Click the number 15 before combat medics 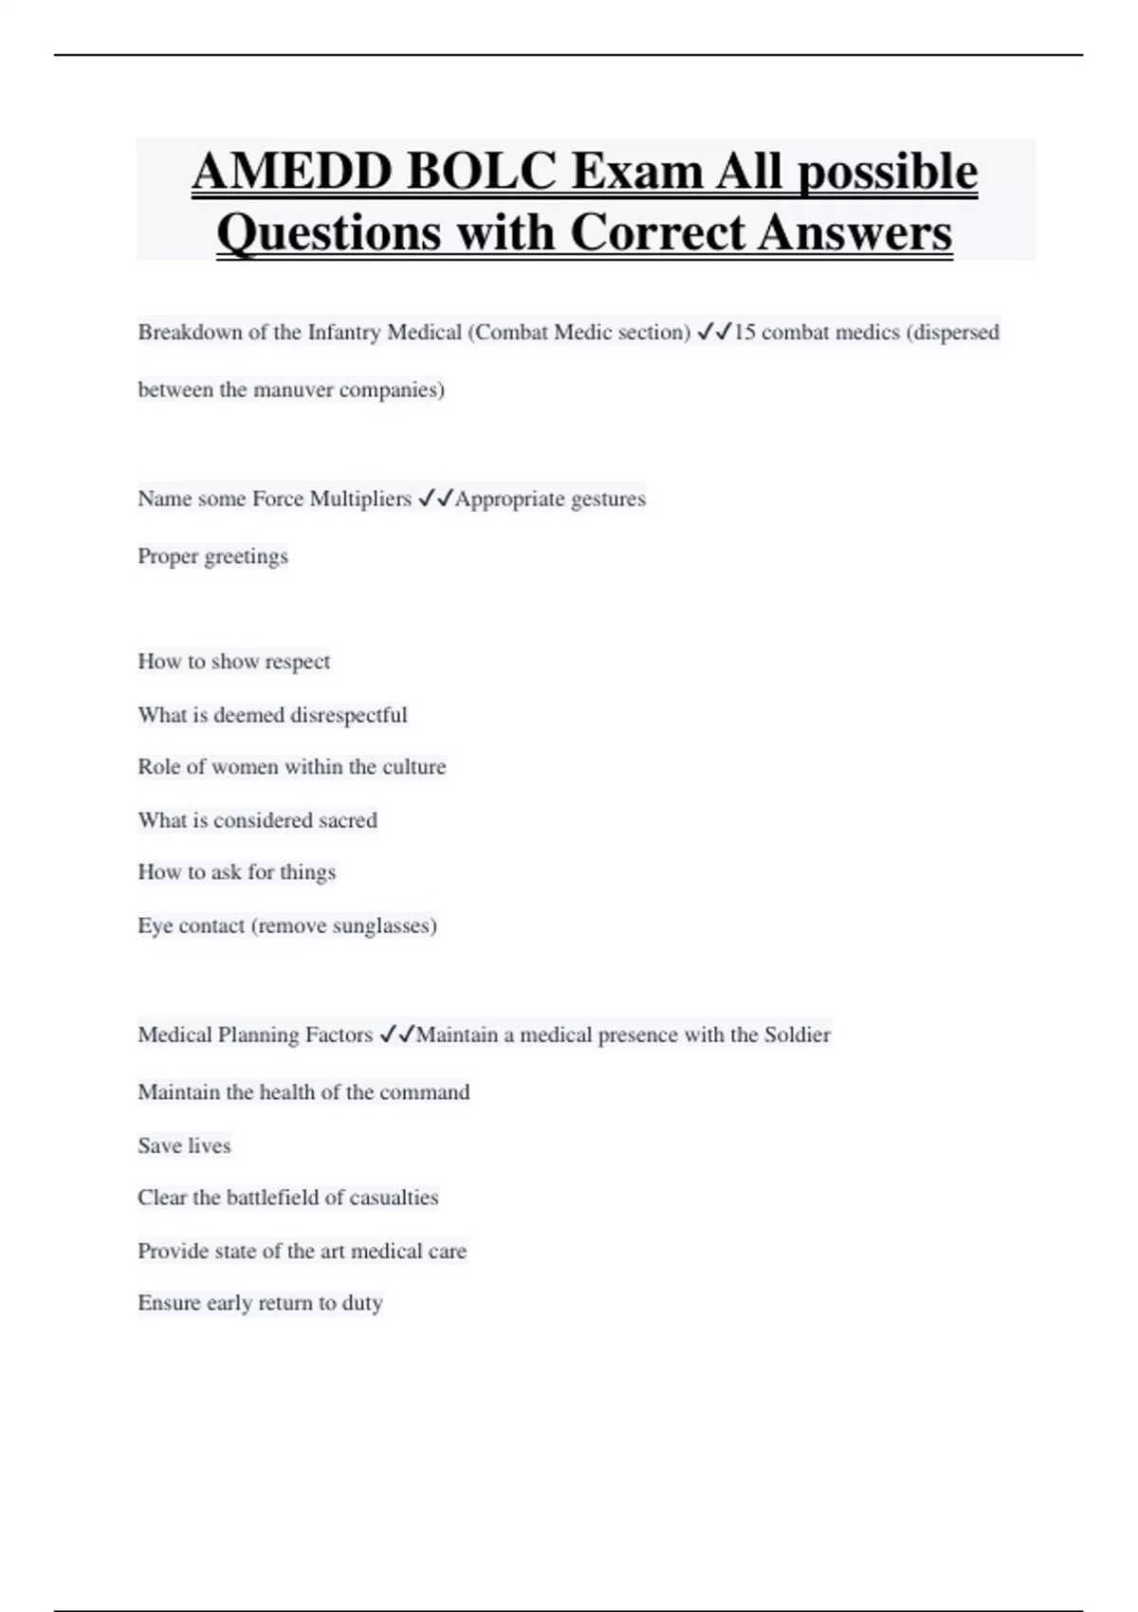(x=744, y=333)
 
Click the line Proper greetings (x=212, y=557)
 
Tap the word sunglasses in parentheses (x=381, y=925)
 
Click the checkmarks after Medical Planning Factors (x=396, y=1035)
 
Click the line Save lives (x=184, y=1145)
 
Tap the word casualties (x=394, y=1198)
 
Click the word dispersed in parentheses (x=955, y=333)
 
